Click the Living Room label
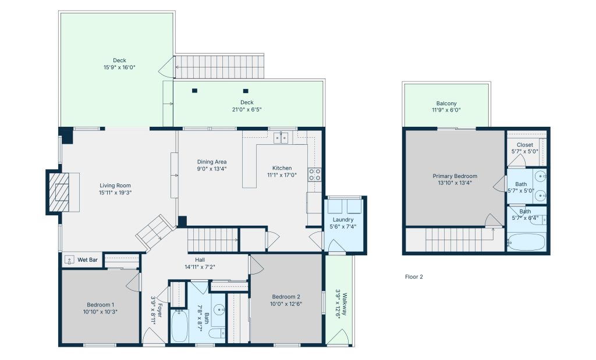coord(115,186)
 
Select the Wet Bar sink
coord(69,260)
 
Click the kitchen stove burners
coord(315,174)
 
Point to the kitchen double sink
coord(281,137)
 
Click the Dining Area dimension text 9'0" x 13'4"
coord(212,169)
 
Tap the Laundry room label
coord(343,219)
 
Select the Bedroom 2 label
coord(286,297)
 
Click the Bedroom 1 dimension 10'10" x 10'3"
coord(100,312)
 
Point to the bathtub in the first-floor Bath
coord(179,326)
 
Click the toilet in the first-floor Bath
coord(217,334)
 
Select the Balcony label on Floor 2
coord(446,104)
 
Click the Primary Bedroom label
coord(455,176)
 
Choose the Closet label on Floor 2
coord(525,145)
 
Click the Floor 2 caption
coord(414,276)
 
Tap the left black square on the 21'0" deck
coord(194,90)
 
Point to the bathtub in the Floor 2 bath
coord(526,242)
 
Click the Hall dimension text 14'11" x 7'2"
coord(200,267)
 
